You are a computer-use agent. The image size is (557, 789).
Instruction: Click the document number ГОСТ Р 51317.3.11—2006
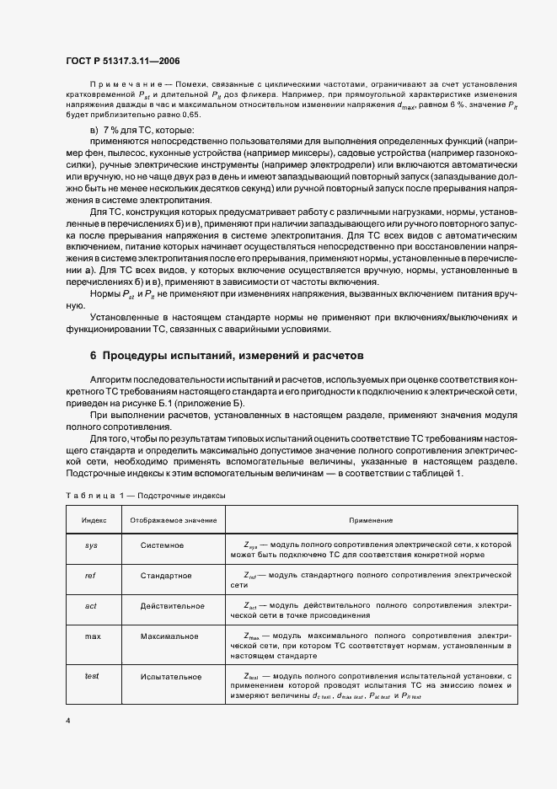point(122,61)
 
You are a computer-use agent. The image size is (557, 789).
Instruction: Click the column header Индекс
point(93,521)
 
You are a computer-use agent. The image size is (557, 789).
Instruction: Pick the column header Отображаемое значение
point(172,521)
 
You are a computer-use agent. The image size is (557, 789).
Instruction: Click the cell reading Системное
point(163,545)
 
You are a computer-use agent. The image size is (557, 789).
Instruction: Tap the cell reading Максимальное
point(170,636)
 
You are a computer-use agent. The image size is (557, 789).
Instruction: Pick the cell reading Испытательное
point(171,676)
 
